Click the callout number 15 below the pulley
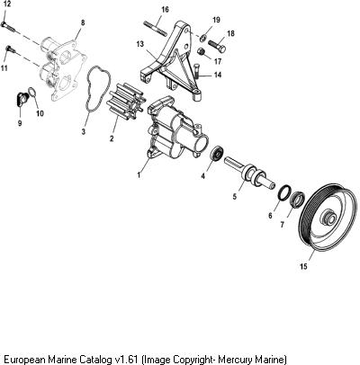(303, 266)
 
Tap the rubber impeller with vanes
(126, 100)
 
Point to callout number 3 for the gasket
(84, 131)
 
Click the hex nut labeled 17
(202, 51)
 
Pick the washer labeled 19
(203, 38)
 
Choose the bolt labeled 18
(217, 46)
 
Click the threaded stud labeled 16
(155, 28)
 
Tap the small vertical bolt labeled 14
(197, 71)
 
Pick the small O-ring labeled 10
(32, 92)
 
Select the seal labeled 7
(297, 199)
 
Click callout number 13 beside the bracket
(140, 44)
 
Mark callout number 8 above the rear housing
(83, 22)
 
